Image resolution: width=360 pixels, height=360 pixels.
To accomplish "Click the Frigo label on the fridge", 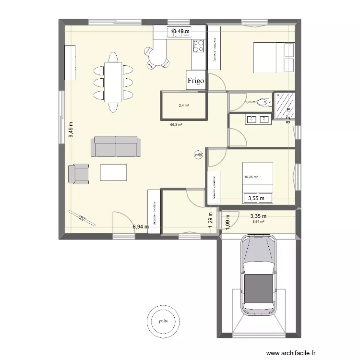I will coord(196,81).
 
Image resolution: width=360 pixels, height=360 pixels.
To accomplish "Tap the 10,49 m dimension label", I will coord(180,31).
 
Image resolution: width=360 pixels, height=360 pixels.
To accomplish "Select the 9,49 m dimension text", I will coord(71,129).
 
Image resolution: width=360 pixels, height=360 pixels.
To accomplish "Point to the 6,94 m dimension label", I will coord(141,226).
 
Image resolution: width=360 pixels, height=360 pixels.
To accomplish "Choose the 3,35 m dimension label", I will coord(258,216).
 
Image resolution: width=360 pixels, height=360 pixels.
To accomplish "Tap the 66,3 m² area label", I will coord(176,124).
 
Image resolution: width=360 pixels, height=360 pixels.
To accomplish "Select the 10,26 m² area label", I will coord(251,177).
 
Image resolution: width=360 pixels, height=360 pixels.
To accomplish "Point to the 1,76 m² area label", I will coord(251,102).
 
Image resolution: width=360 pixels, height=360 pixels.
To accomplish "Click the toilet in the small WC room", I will coord(264,102).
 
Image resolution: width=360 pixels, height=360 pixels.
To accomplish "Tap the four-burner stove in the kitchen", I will coord(198,46).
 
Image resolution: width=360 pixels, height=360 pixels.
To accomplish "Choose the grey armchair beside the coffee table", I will coord(79,173).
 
